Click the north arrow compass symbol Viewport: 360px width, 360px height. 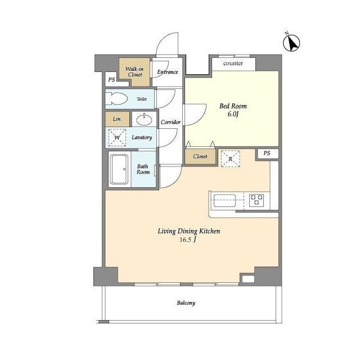click(291, 43)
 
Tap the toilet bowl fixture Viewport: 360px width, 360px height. click(116, 99)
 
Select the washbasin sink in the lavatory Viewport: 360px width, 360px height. click(144, 119)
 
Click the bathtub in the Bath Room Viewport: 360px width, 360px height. click(119, 169)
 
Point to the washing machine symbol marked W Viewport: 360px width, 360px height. click(117, 137)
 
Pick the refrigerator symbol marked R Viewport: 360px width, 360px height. click(230, 159)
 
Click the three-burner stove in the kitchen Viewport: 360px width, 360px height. click(256, 200)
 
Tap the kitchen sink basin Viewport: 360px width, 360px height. click(224, 200)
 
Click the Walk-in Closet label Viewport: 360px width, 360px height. click(134, 71)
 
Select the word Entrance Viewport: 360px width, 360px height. click(168, 72)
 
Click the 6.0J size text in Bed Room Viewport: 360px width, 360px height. click(233, 114)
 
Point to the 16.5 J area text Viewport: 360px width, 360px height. click(188, 240)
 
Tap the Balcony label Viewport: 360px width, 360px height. click(186, 303)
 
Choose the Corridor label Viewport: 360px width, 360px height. click(170, 122)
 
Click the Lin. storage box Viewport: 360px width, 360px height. click(118, 119)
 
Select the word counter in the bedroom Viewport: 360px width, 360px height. click(233, 63)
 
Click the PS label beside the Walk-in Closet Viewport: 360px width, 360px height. click(111, 80)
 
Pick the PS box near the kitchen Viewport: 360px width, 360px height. click(267, 153)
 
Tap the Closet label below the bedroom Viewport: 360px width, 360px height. click(200, 156)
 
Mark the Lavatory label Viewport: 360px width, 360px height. click(142, 137)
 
